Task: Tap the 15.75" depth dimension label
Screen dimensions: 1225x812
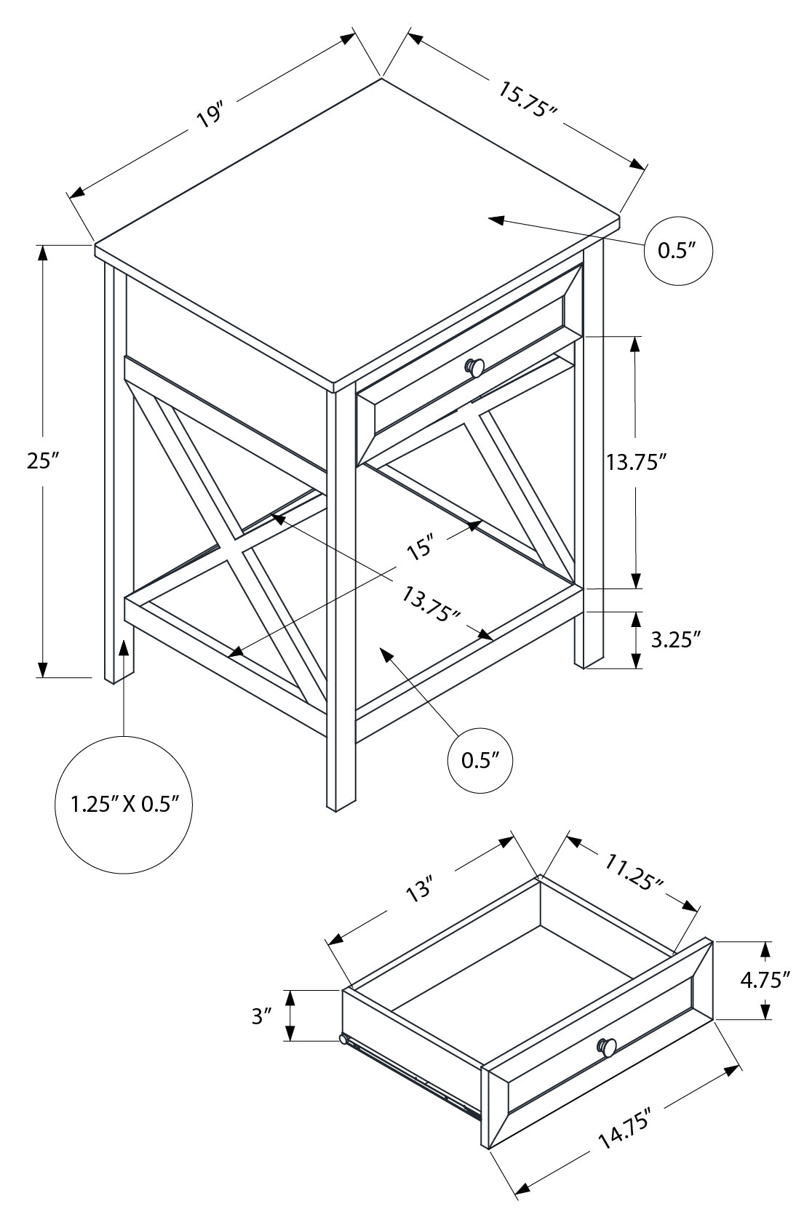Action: point(528,100)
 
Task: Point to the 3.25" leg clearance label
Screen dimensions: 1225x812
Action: point(674,639)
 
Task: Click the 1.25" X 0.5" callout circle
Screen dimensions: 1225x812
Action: point(124,804)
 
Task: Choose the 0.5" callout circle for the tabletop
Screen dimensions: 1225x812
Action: point(678,251)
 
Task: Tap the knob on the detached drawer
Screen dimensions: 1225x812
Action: point(608,1046)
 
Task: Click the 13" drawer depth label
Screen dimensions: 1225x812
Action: point(420,892)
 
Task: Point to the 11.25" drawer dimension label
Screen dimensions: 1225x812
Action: point(634,871)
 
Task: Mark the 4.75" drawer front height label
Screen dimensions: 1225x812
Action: point(765,980)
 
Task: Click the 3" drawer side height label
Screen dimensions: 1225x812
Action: point(261,1015)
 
